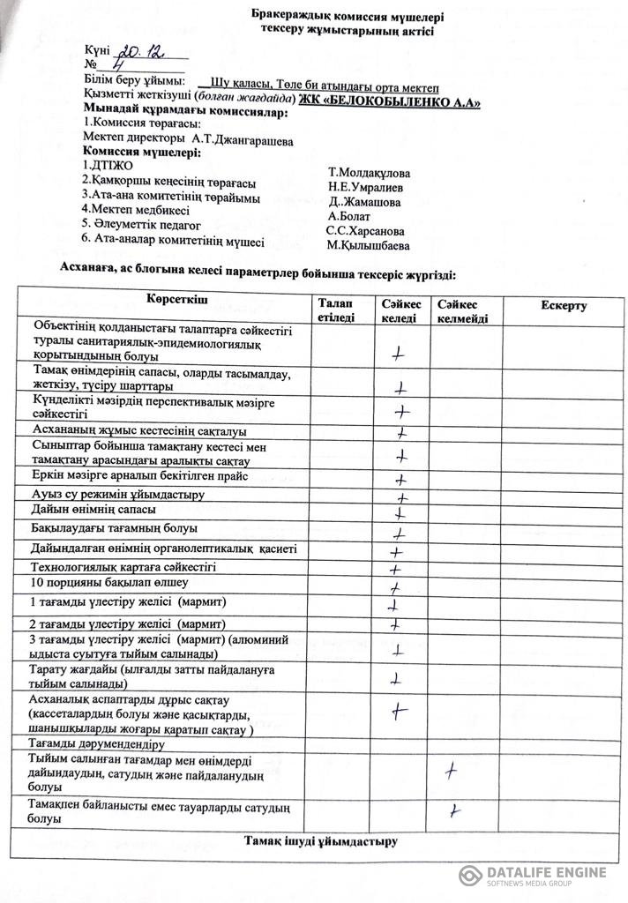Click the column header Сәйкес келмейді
[x=462, y=310]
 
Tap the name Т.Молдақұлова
[x=368, y=173]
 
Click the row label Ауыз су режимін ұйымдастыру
[x=117, y=494]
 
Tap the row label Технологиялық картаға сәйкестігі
[x=123, y=567]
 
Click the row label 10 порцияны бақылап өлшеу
[x=109, y=583]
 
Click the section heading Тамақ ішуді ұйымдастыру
[x=320, y=840]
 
